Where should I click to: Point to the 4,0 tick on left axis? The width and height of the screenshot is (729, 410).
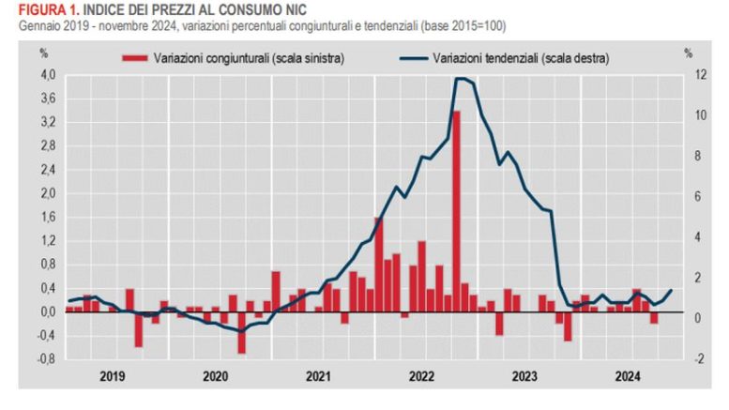(x=48, y=75)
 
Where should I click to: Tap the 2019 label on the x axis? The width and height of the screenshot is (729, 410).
(x=113, y=376)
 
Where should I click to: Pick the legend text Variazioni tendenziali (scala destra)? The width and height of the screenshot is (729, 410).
(x=521, y=57)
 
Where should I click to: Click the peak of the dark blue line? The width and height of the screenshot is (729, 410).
(x=461, y=79)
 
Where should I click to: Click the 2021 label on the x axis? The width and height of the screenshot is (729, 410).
(x=318, y=376)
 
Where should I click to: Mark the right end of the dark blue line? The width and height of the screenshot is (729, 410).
(x=671, y=290)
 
